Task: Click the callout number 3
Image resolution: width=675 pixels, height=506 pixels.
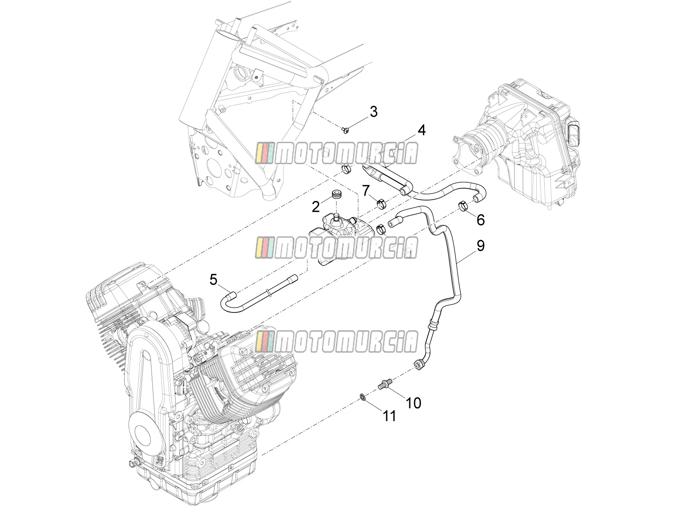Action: click(373, 112)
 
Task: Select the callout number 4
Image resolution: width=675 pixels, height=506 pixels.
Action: click(421, 130)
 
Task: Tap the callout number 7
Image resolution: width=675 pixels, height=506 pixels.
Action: click(366, 191)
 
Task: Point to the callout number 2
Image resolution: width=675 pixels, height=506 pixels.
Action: click(316, 207)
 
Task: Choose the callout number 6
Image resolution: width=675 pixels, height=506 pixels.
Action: click(480, 220)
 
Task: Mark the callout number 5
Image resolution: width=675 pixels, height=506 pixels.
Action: click(214, 280)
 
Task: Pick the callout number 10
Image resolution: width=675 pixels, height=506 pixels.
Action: click(413, 403)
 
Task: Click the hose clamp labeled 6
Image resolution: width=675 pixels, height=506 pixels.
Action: click(464, 206)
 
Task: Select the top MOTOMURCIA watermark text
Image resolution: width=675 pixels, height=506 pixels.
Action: click(336, 154)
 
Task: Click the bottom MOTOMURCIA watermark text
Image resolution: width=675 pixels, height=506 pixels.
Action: click(336, 342)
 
